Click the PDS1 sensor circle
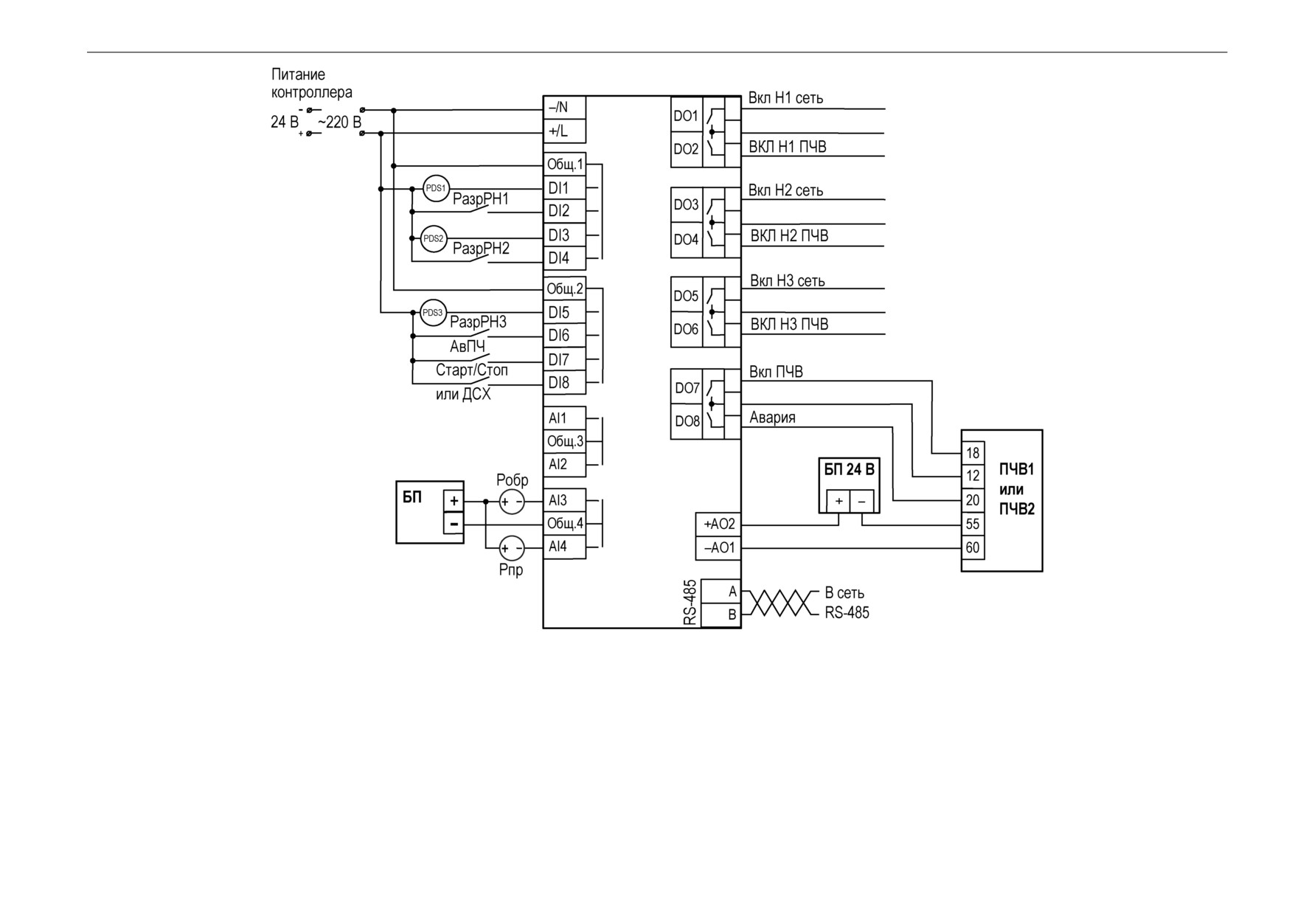[x=436, y=188]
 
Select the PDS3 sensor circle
[x=434, y=312]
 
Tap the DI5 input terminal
[x=565, y=312]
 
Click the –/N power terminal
[x=565, y=107]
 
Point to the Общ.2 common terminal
[x=565, y=288]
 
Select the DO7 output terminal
[x=687, y=387]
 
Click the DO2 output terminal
[x=686, y=149]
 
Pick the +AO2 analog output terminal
[x=718, y=524]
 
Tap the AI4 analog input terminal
[x=565, y=547]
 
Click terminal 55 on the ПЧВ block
[x=973, y=524]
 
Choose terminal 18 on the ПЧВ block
[x=973, y=453]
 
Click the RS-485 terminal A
[x=720, y=592]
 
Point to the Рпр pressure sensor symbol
[x=512, y=548]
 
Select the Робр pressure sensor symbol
[x=512, y=502]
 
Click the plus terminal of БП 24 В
[x=838, y=501]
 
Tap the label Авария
[x=772, y=418]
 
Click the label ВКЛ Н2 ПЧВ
[x=789, y=236]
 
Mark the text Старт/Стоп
[x=472, y=370]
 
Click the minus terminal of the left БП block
[x=454, y=524]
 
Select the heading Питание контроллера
[x=312, y=83]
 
